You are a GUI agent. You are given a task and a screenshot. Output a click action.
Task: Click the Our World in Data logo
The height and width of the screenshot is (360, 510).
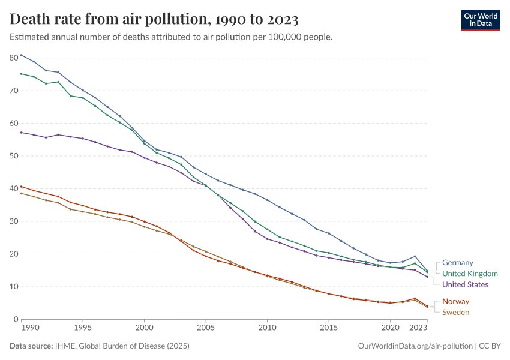(x=480, y=20)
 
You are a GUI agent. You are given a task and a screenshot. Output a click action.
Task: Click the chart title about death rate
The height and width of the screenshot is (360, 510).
(x=154, y=20)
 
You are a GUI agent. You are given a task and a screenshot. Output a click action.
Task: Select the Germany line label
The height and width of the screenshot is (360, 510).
(x=458, y=262)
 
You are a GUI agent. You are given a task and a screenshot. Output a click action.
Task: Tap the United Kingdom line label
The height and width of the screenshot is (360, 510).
(x=470, y=274)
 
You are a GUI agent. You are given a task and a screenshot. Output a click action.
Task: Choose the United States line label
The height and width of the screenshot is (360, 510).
(x=465, y=284)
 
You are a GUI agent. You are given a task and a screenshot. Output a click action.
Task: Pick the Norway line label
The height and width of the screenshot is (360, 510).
(x=455, y=301)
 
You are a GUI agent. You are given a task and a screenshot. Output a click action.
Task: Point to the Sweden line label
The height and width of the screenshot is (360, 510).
(x=455, y=312)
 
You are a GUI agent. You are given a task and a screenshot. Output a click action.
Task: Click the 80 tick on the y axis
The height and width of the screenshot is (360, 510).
(x=14, y=58)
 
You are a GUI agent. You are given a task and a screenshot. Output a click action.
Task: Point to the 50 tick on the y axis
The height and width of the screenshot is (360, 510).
(x=14, y=156)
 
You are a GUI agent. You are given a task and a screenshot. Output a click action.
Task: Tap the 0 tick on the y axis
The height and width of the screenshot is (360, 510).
(x=16, y=319)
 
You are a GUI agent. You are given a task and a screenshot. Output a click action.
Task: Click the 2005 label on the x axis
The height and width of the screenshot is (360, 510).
(x=206, y=329)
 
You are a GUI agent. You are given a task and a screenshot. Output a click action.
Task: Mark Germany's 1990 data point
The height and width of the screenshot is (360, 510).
(x=21, y=55)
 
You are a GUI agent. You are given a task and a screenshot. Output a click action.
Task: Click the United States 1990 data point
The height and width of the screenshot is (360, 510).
(x=21, y=132)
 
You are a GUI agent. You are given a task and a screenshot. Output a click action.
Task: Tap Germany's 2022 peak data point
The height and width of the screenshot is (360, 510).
(x=415, y=256)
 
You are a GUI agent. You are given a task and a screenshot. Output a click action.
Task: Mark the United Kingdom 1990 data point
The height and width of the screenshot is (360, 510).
(x=21, y=74)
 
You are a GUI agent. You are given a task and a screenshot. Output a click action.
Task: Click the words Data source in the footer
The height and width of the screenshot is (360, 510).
(x=31, y=346)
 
